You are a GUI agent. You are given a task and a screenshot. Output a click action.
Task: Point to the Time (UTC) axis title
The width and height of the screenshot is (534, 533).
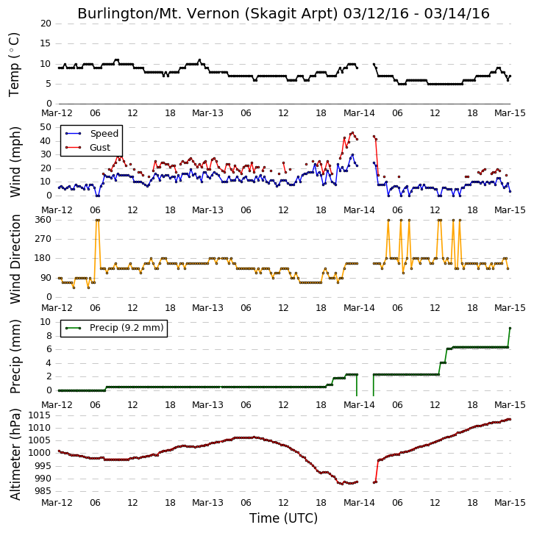pos(283,518)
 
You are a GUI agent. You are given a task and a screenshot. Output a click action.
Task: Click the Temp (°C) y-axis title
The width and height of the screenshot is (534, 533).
pos(14,65)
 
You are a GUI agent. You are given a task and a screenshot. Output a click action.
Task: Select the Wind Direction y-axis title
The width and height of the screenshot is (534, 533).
pos(15,259)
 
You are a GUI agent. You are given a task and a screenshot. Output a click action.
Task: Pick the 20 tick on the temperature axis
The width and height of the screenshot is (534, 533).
pos(46,24)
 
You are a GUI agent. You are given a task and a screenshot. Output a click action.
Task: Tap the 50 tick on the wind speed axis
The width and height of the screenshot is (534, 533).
pos(46,127)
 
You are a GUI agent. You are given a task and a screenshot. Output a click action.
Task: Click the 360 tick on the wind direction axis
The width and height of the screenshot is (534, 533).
pos(43,220)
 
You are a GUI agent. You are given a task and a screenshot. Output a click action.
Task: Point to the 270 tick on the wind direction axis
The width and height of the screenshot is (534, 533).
pos(43,239)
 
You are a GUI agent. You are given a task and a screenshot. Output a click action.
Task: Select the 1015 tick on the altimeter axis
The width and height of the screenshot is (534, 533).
pos(39,415)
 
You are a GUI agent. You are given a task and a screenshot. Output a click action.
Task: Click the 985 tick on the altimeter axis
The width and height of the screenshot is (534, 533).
pos(42,491)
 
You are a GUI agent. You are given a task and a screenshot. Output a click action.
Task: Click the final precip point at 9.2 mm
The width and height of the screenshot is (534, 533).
pos(510,328)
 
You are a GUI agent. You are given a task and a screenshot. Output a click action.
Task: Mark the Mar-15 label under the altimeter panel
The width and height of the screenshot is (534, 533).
pos(510,503)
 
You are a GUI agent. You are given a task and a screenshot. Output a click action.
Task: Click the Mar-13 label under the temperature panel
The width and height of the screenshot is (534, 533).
pos(207,113)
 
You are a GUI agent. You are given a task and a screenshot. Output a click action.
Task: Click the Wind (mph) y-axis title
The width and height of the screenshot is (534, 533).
pos(15,162)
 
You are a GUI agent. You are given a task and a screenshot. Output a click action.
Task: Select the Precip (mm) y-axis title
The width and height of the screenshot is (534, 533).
pos(15,357)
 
